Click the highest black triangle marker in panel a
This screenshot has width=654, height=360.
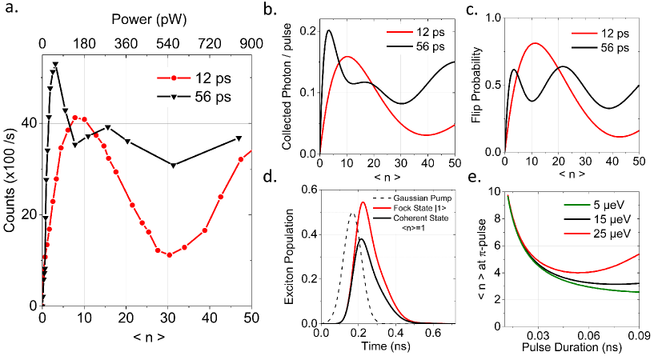pyautogui.click(x=55, y=64)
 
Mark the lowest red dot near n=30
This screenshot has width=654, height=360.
pyautogui.click(x=169, y=255)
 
